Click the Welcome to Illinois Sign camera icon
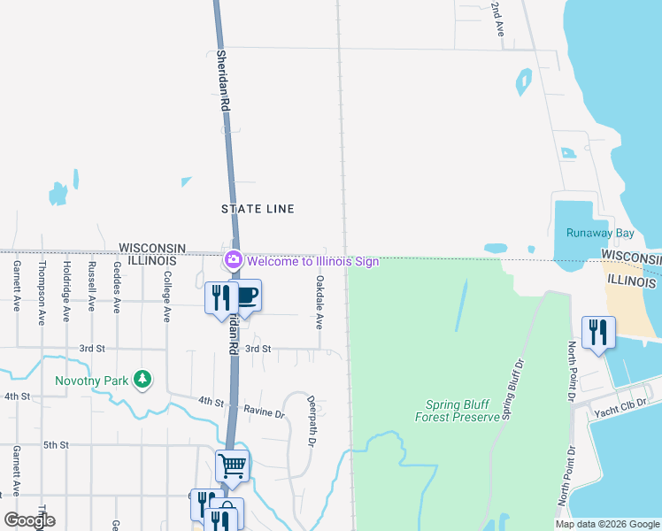tap(234, 260)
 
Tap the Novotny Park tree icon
tap(142, 380)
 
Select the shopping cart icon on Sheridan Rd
tap(232, 464)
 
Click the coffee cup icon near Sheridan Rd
tap(247, 296)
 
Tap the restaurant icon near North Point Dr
tap(597, 332)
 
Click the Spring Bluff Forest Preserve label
tap(458, 411)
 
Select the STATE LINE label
tap(258, 209)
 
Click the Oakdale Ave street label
tap(319, 300)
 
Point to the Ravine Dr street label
tap(266, 413)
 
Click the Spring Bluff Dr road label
tap(509, 389)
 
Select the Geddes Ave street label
tap(116, 288)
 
